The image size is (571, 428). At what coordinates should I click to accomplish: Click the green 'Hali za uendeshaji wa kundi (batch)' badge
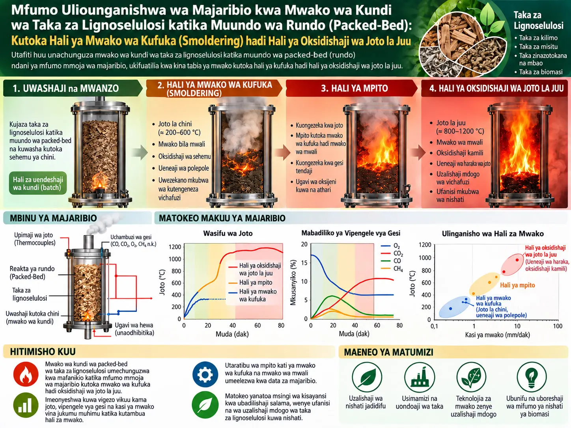38,183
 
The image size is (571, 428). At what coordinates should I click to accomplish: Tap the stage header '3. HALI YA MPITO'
354,88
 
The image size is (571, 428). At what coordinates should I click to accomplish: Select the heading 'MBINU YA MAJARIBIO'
53,218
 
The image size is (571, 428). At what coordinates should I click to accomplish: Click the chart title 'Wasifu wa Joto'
228,233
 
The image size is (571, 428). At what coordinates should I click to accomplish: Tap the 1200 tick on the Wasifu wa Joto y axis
175,247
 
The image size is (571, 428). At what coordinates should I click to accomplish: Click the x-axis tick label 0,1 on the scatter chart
434,326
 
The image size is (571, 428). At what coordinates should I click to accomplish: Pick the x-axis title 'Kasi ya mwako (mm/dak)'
497,335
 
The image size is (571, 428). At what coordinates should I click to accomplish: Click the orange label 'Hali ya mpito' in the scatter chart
517,285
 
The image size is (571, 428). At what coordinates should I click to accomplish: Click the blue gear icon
205,374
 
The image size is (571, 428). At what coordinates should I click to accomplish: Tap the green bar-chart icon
26,406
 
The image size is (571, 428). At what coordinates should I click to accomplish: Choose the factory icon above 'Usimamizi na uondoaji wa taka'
419,377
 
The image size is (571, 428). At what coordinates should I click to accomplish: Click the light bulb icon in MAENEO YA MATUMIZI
532,377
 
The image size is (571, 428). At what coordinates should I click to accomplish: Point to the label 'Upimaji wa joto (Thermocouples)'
35,239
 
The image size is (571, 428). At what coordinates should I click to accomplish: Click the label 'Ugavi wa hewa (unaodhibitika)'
134,329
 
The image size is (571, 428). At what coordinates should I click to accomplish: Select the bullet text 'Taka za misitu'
538,47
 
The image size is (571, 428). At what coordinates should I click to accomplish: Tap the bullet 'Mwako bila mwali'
181,144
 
